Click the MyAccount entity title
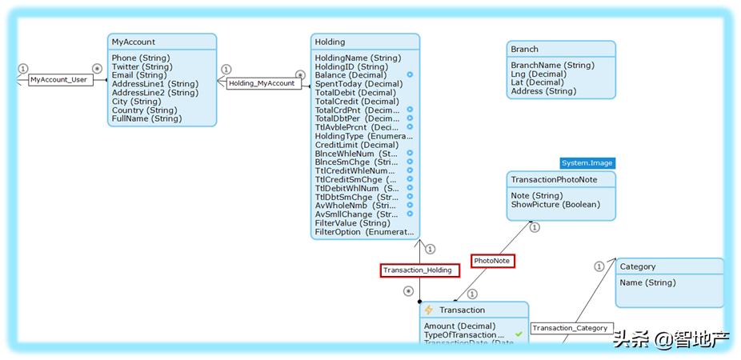pos(134,42)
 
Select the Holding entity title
pos(330,42)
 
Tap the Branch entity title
pos(525,49)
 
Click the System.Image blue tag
pos(587,163)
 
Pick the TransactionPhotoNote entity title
pos(554,179)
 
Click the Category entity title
pos(638,266)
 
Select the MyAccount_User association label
pos(58,80)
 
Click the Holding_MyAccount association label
pos(262,83)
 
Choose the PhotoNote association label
pos(492,261)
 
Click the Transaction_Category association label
pos(571,328)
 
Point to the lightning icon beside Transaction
pos(429,310)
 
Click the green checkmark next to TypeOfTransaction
pos(519,334)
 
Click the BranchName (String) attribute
pos(552,65)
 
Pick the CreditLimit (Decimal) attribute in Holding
pos(356,145)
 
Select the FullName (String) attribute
pos(146,118)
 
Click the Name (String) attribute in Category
pos(647,282)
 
